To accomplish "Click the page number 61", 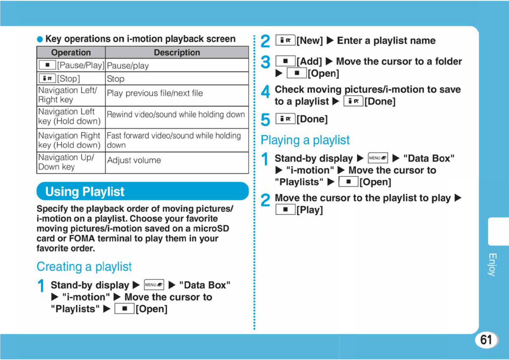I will pos(486,340).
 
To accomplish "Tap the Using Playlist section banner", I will pos(142,191).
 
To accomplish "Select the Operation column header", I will pos(71,52).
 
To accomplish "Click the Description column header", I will pos(177,52).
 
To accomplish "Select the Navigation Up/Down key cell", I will pos(71,162).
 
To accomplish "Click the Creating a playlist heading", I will pos(84,267).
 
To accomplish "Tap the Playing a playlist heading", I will pos(305,140).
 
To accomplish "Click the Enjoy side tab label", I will pos(493,264).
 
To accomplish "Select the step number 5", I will pos(265,119).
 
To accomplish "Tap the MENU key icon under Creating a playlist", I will pos(154,285).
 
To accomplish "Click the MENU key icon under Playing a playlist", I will pos(378,158).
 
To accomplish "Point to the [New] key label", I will pos(310,41).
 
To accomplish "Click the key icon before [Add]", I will pos(285,61).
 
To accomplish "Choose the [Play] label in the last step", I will pos(310,210).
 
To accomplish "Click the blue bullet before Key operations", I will pos(40,39).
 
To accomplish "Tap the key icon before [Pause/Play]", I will pos(47,65).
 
